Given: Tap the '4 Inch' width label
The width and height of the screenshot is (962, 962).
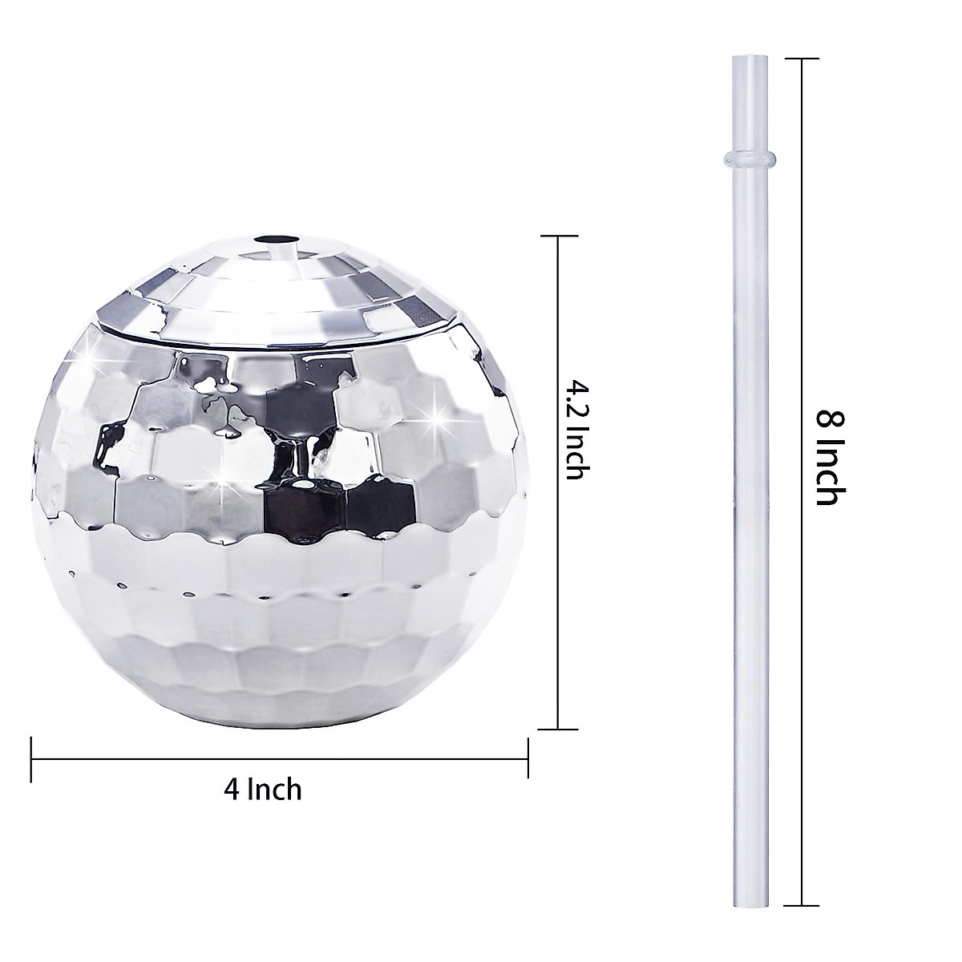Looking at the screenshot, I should click(x=263, y=789).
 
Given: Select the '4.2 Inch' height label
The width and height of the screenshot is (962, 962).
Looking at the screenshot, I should click(x=576, y=430).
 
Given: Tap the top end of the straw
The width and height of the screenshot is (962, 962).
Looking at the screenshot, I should click(x=742, y=59).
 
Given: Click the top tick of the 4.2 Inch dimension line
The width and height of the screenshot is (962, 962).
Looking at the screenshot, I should click(x=558, y=236).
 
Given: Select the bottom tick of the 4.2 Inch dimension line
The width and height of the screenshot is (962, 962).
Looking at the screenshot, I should click(x=558, y=729).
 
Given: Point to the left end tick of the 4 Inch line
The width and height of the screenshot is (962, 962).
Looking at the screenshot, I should click(x=31, y=757).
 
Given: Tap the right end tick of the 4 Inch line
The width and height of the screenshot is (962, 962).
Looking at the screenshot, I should click(x=527, y=757).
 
